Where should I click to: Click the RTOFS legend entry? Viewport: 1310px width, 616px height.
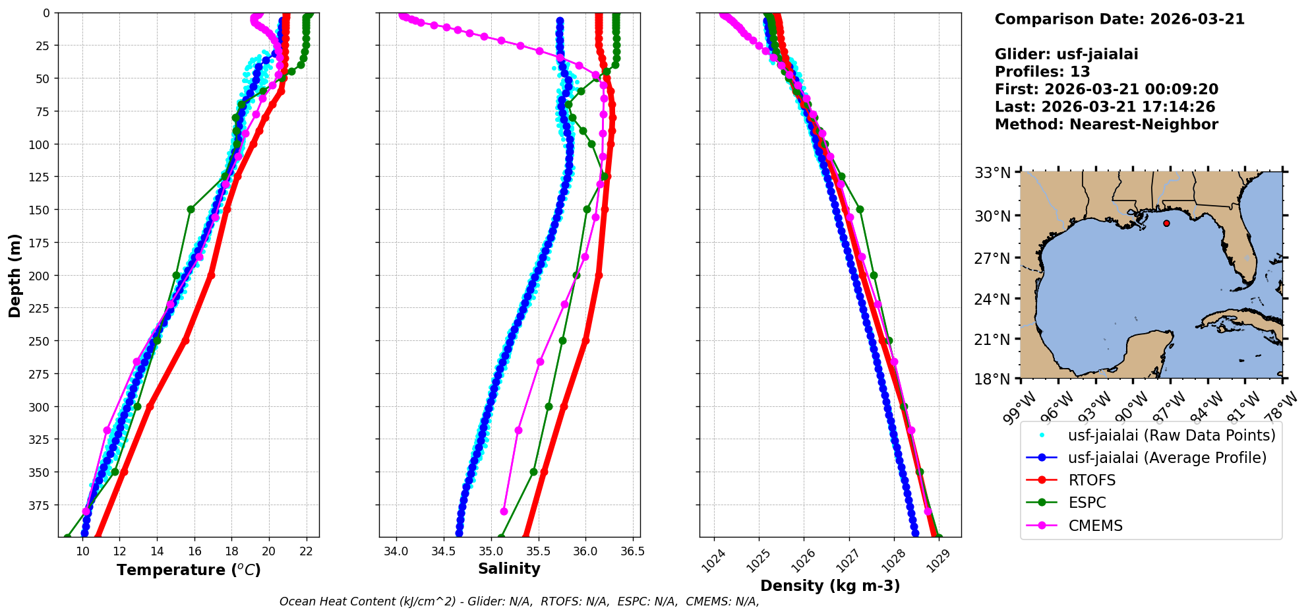(x=1092, y=480)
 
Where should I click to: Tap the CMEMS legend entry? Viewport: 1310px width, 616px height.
(x=1095, y=526)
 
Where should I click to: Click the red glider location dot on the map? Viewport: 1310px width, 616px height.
(x=1166, y=224)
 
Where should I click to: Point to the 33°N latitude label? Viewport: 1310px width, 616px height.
(x=992, y=173)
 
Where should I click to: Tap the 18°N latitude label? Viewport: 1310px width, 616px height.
(x=992, y=380)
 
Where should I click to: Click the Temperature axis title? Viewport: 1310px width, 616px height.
(x=189, y=570)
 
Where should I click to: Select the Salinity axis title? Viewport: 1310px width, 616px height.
(x=509, y=569)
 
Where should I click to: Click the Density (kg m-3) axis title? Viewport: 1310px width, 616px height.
(x=830, y=586)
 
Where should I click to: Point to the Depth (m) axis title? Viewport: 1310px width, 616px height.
(x=15, y=275)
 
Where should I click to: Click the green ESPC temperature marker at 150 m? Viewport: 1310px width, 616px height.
(x=191, y=210)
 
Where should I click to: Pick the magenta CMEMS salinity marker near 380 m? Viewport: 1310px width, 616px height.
(x=504, y=511)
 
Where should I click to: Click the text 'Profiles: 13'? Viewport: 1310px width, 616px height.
(x=1042, y=72)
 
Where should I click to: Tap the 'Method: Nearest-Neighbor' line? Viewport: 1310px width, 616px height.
(x=1106, y=124)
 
